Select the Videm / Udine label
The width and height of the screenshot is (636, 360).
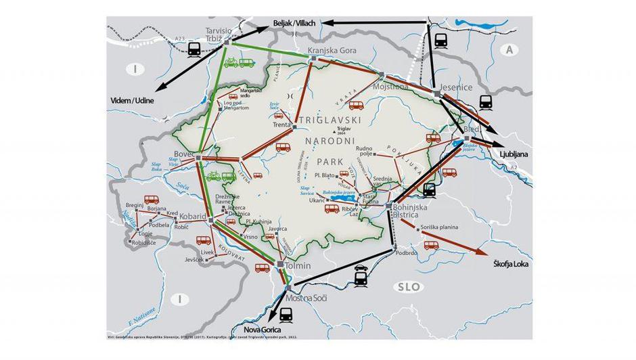(x=133, y=100)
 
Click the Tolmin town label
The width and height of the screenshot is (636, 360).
(x=298, y=266)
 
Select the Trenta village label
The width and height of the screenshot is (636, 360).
(x=281, y=125)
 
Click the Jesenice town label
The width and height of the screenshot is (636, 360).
(x=464, y=87)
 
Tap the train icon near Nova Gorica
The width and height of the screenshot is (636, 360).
(x=286, y=314)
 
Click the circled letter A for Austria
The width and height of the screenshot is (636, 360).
(x=509, y=49)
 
